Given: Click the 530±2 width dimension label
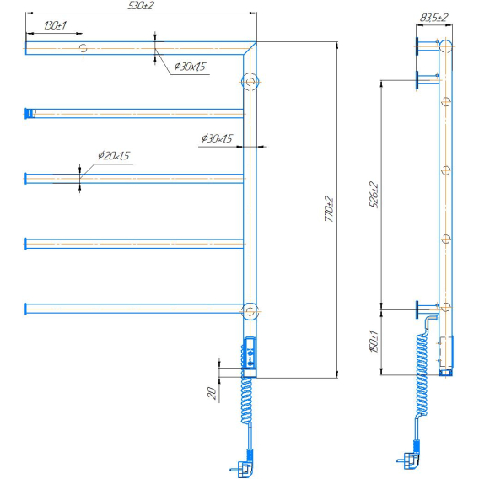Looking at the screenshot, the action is point(141,6).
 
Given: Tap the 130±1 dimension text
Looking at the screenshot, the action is point(55,25).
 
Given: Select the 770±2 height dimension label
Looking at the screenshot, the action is point(329,209).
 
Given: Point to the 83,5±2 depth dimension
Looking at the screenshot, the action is point(433,18).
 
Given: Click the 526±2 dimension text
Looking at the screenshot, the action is point(374,195).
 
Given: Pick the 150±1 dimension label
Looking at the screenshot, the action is point(374,342).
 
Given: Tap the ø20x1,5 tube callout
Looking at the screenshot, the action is point(114,155).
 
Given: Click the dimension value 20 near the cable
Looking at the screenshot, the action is point(212,392).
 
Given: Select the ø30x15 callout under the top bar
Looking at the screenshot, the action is point(190,67).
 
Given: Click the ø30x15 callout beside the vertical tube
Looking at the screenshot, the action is point(217,138).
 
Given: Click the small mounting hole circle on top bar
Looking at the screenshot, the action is point(83,48).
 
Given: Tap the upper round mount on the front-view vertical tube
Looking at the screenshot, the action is point(250,82).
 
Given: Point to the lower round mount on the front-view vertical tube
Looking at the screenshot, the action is point(250,311).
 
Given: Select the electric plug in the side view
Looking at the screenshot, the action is point(408,460).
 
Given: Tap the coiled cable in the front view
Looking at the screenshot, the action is point(247,400).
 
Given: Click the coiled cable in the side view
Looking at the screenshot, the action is point(422,375).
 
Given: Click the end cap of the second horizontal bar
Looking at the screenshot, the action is point(30,113).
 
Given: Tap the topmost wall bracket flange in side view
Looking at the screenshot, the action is point(417,46).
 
